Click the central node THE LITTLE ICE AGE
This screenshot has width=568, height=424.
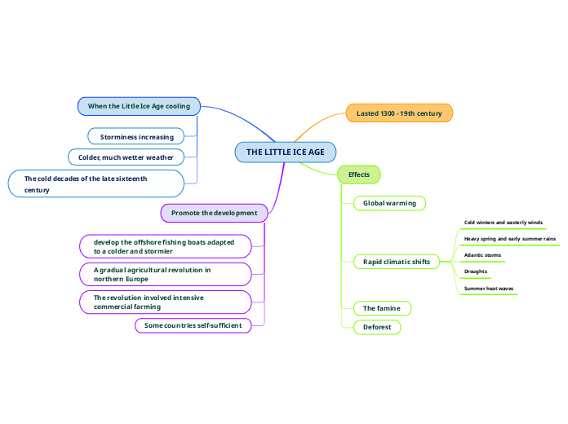pyautogui.click(x=285, y=152)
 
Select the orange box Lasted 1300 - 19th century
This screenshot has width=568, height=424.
pyautogui.click(x=399, y=113)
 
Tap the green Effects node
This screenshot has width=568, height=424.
pyautogui.click(x=358, y=174)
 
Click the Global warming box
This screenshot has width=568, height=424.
pyautogui.click(x=389, y=203)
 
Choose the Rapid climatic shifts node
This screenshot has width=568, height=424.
pyautogui.click(x=397, y=262)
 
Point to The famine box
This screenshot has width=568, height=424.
pyautogui.click(x=381, y=308)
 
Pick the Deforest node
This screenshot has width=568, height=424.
pyautogui.click(x=377, y=327)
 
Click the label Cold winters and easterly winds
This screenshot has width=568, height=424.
pyautogui.click(x=503, y=222)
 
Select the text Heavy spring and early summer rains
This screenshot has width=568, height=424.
pyautogui.click(x=509, y=239)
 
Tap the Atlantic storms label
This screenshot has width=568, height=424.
pyautogui.click(x=482, y=255)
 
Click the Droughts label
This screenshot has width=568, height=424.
pyautogui.click(x=475, y=272)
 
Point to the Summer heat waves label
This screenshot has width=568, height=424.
pyautogui.click(x=488, y=289)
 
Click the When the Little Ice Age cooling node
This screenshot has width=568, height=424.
pyautogui.click(x=139, y=106)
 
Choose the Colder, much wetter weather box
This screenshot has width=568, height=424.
pyautogui.click(x=131, y=157)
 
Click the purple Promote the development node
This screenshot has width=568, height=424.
pyautogui.click(x=214, y=213)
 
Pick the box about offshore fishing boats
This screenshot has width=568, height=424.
pyautogui.click(x=165, y=246)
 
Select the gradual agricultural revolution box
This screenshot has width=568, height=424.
pyautogui.click(x=165, y=274)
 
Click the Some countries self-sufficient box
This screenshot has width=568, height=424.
pyautogui.click(x=193, y=325)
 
